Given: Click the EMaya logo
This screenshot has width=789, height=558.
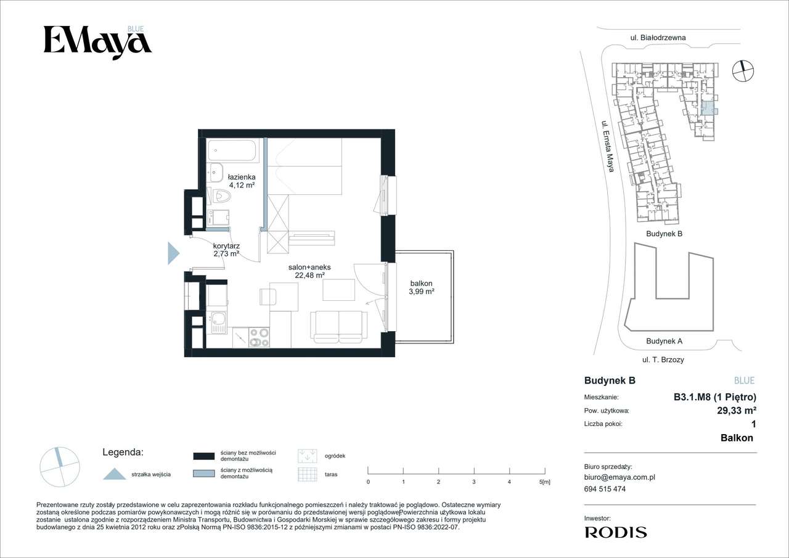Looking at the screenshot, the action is coord(97,43).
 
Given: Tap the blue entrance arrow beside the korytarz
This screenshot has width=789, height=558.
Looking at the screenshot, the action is coord(173,253).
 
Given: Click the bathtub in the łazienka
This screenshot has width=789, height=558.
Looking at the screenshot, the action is coord(232,151).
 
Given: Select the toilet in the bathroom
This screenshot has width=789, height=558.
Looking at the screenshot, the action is coord(221,196).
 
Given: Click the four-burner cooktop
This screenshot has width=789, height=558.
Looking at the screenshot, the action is coord(259,337).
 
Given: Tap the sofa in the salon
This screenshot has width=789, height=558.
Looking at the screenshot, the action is coord(338,327).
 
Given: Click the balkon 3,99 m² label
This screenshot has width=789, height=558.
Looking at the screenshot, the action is coord(421,287).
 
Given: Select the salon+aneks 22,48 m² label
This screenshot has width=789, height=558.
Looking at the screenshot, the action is coord(309,271).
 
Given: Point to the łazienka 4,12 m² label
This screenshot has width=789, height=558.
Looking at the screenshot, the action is coord(242,181).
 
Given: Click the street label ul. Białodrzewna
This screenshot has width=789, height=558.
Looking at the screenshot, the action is coord(658,38).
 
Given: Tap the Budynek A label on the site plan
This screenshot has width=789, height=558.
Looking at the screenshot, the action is coord(664,341).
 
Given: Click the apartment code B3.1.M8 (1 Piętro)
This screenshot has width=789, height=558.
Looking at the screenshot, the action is coord(715,397).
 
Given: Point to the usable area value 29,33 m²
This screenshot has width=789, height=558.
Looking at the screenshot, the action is coord(737,411).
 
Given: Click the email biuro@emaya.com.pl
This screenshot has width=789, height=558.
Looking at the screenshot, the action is coord(619,477).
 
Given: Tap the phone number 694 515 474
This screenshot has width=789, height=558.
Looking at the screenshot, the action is coord(605,489).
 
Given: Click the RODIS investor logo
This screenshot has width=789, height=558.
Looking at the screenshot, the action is coord(616,532).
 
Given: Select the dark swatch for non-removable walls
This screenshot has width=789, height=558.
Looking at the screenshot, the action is coord(204,456).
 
